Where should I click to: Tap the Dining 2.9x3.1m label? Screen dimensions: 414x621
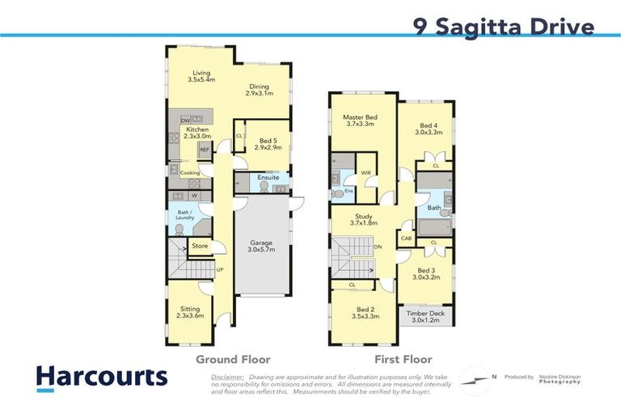click(x=259, y=90)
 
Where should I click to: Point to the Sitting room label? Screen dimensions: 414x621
click(x=190, y=311)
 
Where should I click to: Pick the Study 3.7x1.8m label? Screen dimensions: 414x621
click(x=364, y=219)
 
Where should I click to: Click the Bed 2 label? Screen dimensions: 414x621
click(x=365, y=313)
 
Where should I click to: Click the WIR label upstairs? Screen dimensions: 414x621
click(x=365, y=172)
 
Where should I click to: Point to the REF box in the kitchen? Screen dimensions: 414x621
click(x=205, y=150)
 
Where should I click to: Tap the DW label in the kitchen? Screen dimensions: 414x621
click(x=185, y=120)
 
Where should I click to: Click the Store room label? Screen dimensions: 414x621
click(x=200, y=247)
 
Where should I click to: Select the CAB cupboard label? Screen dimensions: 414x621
click(x=406, y=238)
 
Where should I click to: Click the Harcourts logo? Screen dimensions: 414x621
click(x=101, y=377)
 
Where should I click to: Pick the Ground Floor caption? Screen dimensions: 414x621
click(x=233, y=359)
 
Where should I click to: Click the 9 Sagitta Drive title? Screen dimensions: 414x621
click(x=503, y=27)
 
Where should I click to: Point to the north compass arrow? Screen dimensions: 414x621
click(x=477, y=378)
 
